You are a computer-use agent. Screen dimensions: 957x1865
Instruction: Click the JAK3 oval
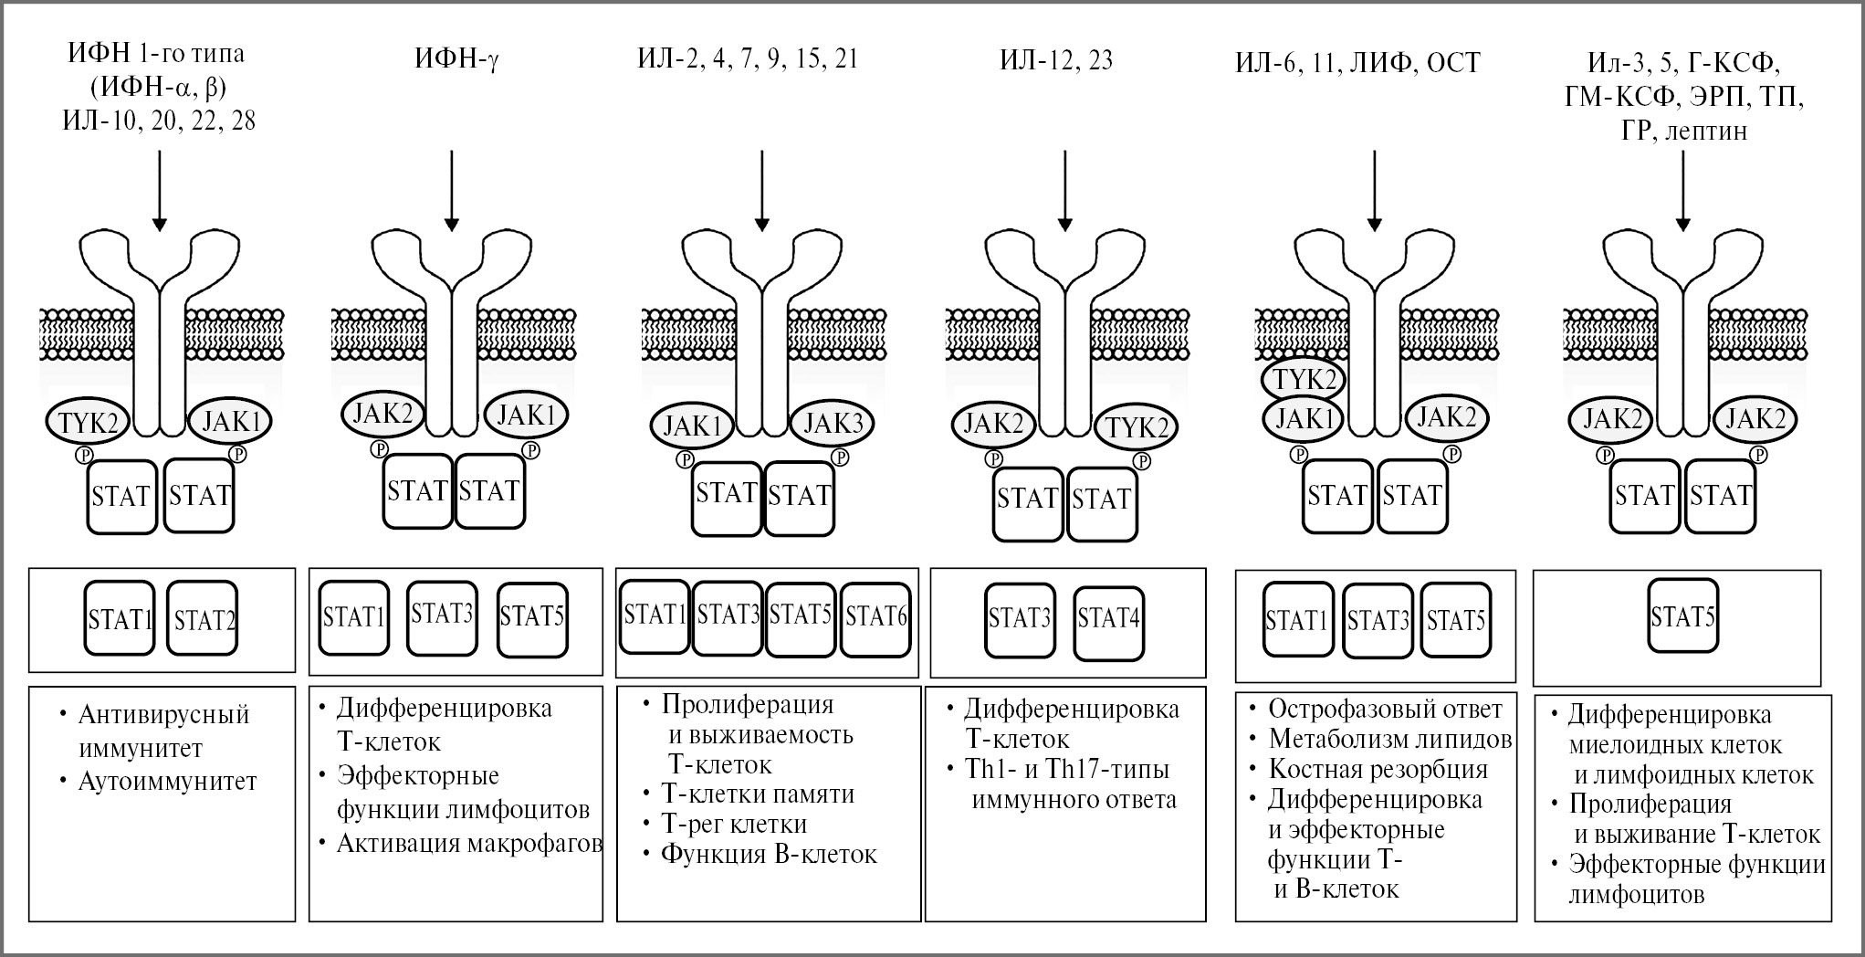[832, 424]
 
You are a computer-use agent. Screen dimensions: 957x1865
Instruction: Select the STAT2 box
[203, 619]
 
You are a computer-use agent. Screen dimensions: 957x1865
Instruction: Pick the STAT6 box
[875, 617]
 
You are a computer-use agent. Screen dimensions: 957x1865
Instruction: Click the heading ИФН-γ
[456, 60]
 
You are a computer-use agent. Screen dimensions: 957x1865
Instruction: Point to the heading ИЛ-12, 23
[1055, 60]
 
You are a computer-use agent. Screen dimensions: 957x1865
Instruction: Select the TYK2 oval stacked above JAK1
[1304, 378]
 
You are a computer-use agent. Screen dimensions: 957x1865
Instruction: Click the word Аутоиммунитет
[168, 782]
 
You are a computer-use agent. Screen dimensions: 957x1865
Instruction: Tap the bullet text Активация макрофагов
[469, 843]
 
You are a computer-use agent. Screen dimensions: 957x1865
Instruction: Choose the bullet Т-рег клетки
[734, 825]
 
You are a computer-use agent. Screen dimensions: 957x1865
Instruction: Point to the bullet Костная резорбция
[1378, 770]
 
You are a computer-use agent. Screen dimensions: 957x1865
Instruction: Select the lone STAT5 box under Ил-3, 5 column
[1682, 617]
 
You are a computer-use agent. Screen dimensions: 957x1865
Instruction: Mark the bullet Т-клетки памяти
[758, 794]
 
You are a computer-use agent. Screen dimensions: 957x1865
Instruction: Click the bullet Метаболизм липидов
[1389, 739]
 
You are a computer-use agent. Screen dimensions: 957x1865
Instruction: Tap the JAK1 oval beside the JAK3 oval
[692, 426]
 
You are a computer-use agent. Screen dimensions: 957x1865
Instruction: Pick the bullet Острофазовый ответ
[1384, 709]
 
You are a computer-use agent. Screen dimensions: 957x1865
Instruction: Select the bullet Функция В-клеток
[769, 855]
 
